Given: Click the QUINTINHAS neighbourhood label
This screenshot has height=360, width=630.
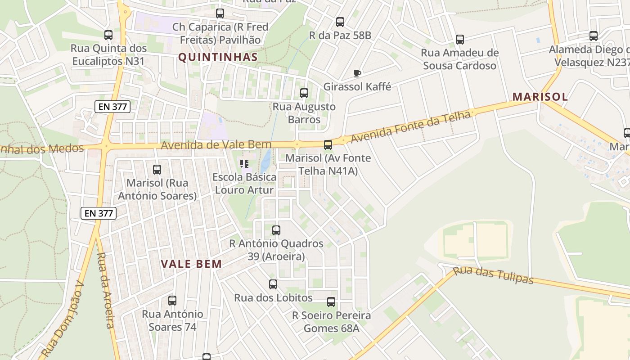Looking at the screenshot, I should pyautogui.click(x=218, y=57).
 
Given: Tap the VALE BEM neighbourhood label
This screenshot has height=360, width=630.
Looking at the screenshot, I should pyautogui.click(x=192, y=264).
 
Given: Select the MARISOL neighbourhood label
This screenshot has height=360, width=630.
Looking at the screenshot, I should pyautogui.click(x=540, y=97).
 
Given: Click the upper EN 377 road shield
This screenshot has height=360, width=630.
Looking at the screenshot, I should pyautogui.click(x=112, y=107).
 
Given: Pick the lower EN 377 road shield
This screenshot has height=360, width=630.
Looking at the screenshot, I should pyautogui.click(x=99, y=213).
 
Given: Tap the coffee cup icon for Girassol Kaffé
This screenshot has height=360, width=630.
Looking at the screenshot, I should pyautogui.click(x=357, y=73).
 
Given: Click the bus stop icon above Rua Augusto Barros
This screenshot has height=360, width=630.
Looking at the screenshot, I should pyautogui.click(x=304, y=93).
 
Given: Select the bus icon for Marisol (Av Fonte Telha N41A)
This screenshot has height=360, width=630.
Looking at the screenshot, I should pyautogui.click(x=328, y=145).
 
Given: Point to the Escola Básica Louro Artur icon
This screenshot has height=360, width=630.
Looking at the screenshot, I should pyautogui.click(x=244, y=163).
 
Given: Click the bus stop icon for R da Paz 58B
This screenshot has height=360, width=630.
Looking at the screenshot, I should pyautogui.click(x=340, y=22).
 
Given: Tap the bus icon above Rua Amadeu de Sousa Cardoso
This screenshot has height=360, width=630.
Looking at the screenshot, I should pyautogui.click(x=459, y=40).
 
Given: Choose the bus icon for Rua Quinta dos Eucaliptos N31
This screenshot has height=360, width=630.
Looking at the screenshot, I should pyautogui.click(x=108, y=35).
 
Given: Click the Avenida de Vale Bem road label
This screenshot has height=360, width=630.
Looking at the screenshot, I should pyautogui.click(x=216, y=145).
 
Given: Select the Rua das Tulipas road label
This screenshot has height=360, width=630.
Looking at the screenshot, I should pyautogui.click(x=493, y=275).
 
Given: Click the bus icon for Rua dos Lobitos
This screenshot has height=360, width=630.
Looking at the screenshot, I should pyautogui.click(x=273, y=284).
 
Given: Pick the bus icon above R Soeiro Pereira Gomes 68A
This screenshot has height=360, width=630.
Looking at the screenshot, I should pyautogui.click(x=331, y=302).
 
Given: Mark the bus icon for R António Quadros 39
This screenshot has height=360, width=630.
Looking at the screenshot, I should pyautogui.click(x=276, y=230).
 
